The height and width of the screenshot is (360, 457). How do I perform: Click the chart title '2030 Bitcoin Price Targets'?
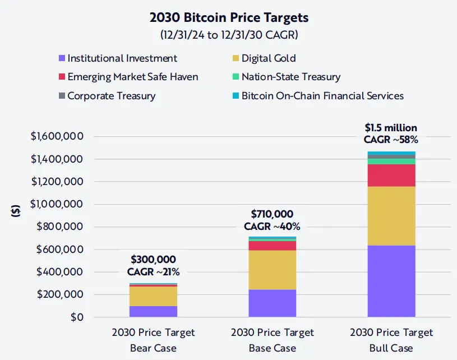tap(229, 17)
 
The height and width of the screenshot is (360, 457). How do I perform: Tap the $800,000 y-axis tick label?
tap(62, 227)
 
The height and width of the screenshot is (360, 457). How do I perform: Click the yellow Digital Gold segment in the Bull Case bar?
tap(391, 216)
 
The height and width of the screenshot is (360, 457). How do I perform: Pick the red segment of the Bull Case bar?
tap(391, 176)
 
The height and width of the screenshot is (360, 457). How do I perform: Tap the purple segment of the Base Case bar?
tap(273, 303)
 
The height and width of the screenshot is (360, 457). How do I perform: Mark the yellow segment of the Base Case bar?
tap(273, 270)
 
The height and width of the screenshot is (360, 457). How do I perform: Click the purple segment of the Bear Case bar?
tap(153, 312)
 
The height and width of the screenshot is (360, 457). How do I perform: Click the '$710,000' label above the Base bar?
tap(272, 214)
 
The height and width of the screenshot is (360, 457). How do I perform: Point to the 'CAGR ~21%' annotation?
tap(153, 272)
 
